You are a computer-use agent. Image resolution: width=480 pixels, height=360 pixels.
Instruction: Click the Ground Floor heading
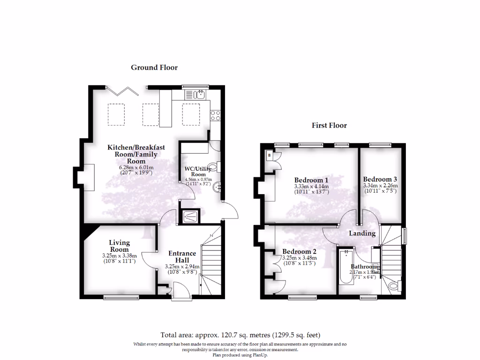(x=154, y=67)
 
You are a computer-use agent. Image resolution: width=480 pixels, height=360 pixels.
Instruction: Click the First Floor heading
(x=329, y=125)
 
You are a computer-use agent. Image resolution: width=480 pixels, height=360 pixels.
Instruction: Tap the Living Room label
(x=119, y=246)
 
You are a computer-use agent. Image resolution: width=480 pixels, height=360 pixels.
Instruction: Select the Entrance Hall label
(x=182, y=257)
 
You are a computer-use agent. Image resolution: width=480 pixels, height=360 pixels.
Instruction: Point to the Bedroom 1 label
(x=311, y=180)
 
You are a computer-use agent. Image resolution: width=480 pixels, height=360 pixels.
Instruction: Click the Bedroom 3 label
(x=380, y=179)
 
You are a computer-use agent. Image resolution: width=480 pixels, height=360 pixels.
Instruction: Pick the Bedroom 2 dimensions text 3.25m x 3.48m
(x=299, y=258)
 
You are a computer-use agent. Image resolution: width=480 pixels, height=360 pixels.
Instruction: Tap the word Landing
(x=362, y=233)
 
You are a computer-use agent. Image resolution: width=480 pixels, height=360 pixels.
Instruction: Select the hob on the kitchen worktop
(x=216, y=115)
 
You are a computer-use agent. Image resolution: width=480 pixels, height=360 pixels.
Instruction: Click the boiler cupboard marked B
(x=270, y=155)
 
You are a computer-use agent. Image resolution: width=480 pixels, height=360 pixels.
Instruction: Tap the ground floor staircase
(x=210, y=262)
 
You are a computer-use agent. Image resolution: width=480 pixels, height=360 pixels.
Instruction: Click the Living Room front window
(x=121, y=296)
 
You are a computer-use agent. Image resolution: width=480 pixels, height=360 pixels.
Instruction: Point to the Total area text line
(x=240, y=335)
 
